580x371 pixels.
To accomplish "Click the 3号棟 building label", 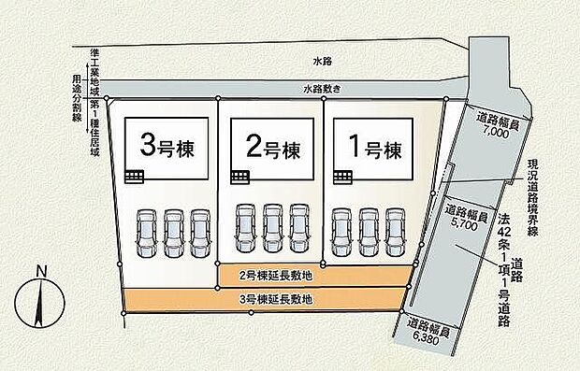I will (162, 147).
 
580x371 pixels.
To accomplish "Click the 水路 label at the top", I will (323, 61).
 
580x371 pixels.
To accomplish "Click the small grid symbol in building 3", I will (136, 176).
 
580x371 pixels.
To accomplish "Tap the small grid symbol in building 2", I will (240, 176).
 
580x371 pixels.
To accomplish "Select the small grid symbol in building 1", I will (343, 176).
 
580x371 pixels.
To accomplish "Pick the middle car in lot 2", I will (272, 228).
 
